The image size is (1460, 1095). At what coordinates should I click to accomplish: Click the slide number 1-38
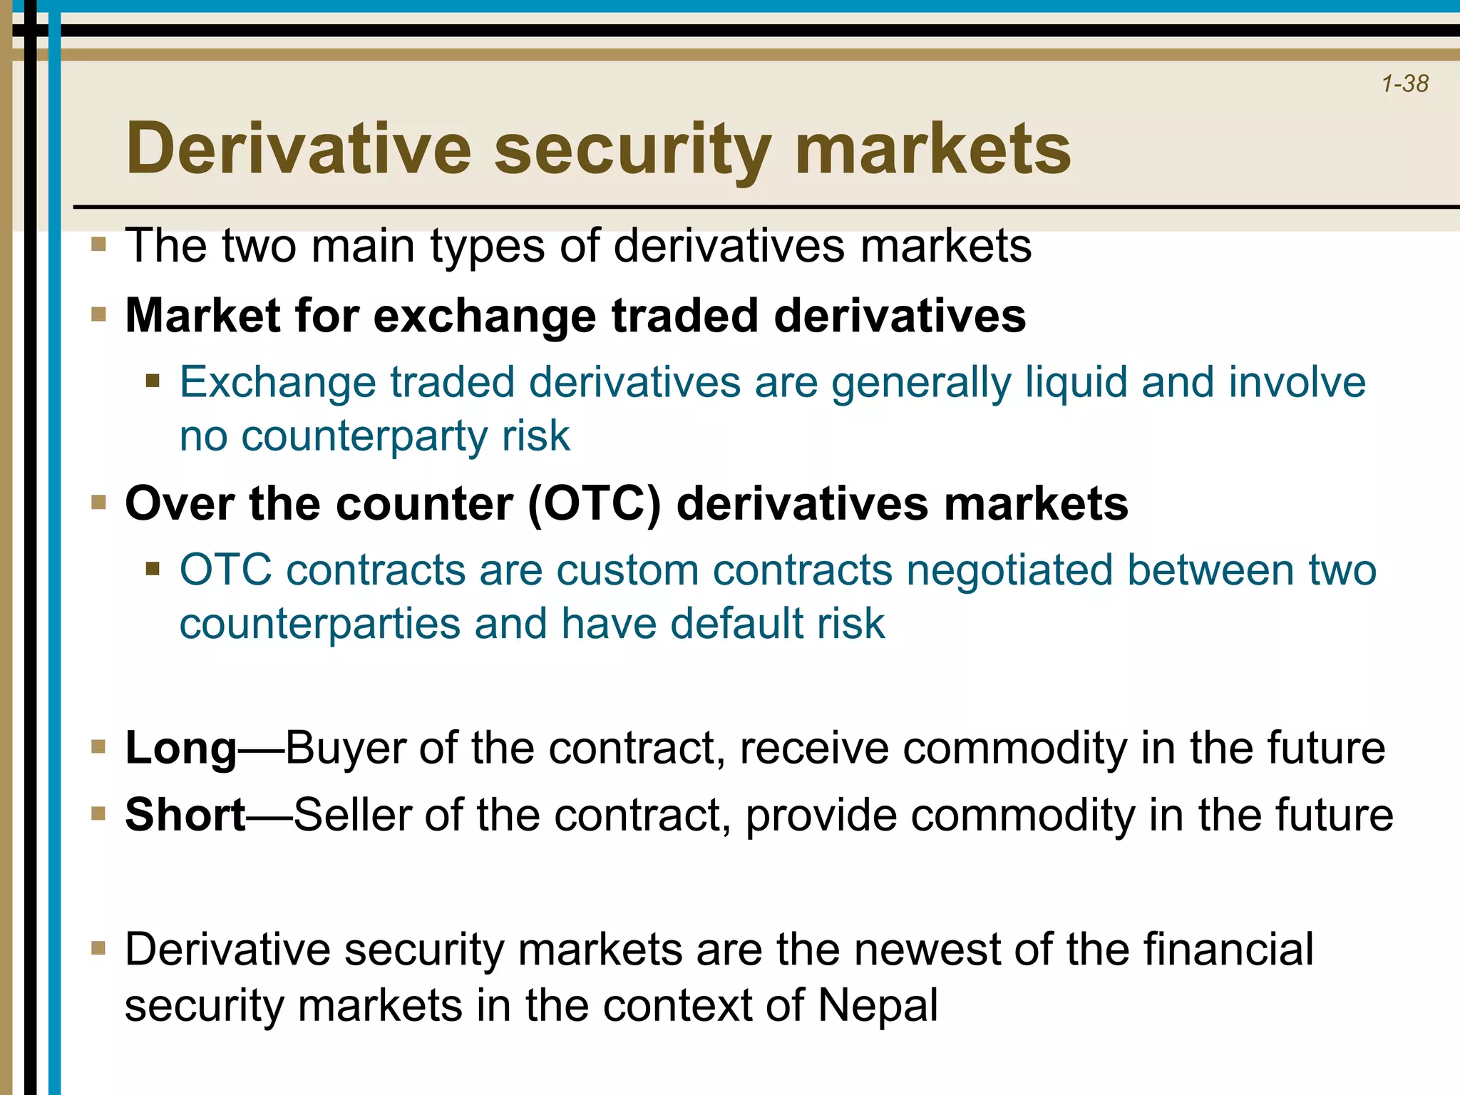[x=1404, y=84]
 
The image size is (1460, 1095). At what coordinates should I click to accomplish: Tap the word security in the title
[x=632, y=150]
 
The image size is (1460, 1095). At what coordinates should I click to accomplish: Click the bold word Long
[x=180, y=749]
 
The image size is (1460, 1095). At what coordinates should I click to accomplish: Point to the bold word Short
[x=185, y=815]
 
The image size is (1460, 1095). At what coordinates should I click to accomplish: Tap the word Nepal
[x=878, y=1006]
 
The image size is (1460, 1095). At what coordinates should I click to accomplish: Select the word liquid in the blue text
[x=1076, y=382]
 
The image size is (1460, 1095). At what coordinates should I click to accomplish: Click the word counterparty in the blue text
[x=364, y=436]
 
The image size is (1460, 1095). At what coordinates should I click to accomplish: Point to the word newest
[x=927, y=950]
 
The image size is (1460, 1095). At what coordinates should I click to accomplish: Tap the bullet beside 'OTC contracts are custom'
[x=153, y=569]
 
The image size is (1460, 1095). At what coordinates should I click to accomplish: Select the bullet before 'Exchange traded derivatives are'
[x=153, y=381]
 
